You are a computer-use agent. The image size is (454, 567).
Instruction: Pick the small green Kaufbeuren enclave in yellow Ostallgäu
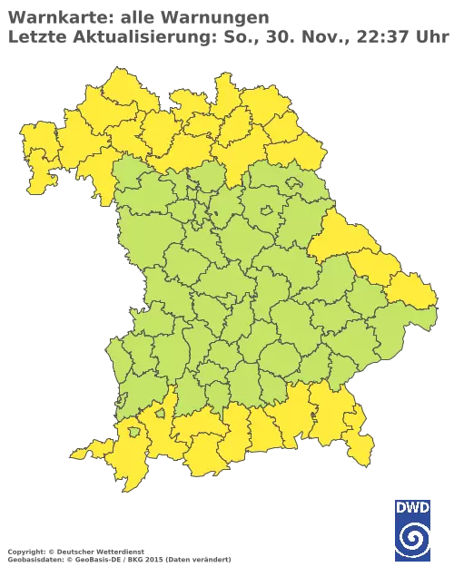160,414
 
